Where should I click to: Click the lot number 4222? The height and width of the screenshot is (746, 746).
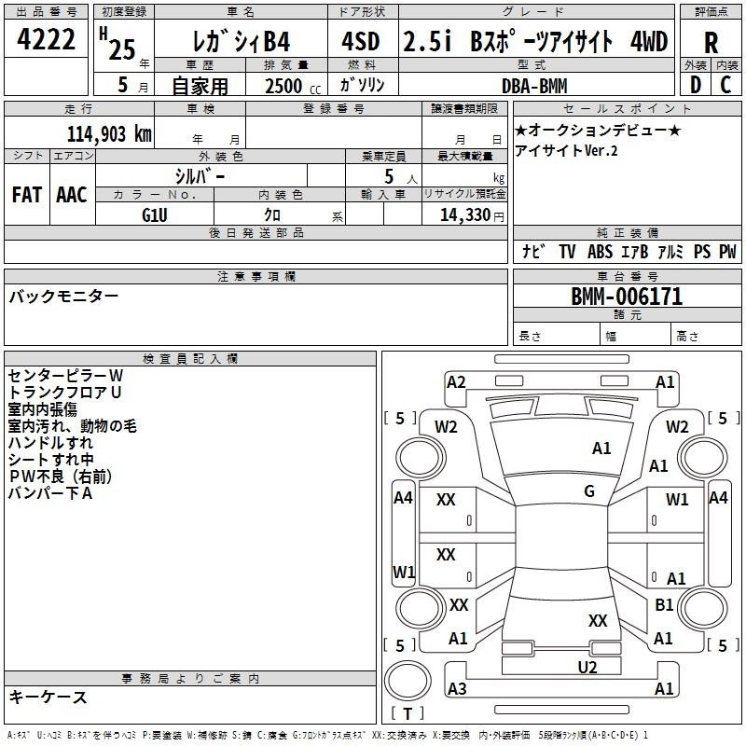coord(46,39)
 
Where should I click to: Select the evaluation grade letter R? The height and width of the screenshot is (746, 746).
coord(711,43)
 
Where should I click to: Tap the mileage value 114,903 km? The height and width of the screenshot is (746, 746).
coord(109,134)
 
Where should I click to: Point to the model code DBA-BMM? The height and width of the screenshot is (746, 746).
coord(534,86)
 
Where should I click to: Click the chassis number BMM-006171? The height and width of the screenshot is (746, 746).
coord(627,297)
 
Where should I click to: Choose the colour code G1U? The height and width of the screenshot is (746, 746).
coord(155,215)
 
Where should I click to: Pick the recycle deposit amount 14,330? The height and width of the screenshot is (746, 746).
coord(465,215)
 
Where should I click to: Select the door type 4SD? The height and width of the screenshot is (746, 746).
coord(361,41)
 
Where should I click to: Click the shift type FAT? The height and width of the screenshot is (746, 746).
coord(27,195)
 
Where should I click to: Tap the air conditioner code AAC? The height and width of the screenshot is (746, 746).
coord(72,195)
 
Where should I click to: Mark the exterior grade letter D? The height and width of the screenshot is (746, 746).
coord(695,85)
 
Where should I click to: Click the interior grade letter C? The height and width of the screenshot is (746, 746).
coord(725,85)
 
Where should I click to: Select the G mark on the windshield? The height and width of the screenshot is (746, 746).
coord(589,491)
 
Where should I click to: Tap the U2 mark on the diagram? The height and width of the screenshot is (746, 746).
coord(587,668)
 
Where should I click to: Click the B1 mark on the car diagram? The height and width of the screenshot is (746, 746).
coord(664,604)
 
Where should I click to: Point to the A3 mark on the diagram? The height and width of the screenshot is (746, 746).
coord(457,688)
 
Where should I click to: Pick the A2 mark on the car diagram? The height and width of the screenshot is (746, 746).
coord(456,382)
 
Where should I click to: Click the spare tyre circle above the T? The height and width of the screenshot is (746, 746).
coord(408,681)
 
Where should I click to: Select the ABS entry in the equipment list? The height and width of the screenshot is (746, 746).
coord(600,252)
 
